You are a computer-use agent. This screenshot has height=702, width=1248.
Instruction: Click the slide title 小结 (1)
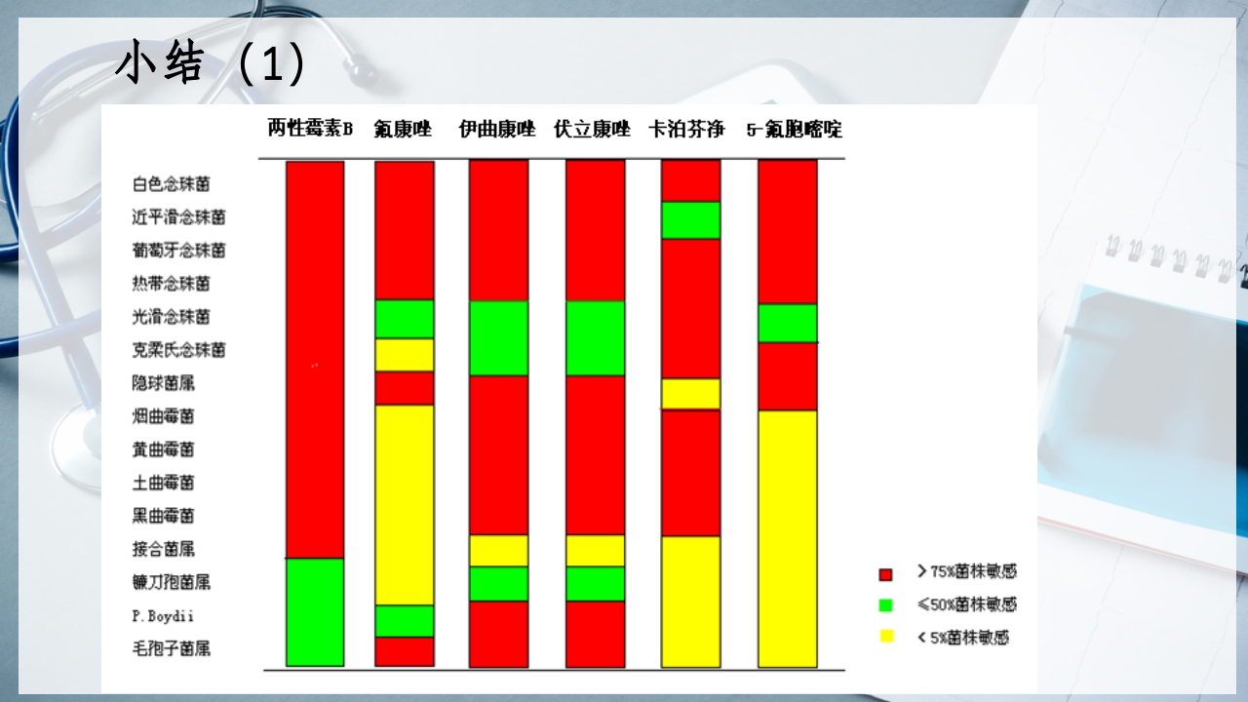(211, 64)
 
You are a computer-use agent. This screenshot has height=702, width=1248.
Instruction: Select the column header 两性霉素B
(310, 129)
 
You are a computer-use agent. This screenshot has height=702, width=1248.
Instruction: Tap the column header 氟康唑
(402, 129)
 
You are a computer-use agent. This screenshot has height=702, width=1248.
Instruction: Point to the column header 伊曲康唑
(497, 129)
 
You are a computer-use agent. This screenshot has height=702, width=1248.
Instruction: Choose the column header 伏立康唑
(592, 129)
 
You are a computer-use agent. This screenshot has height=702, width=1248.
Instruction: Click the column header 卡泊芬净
(686, 129)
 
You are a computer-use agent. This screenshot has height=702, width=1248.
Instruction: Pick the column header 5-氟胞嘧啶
(794, 129)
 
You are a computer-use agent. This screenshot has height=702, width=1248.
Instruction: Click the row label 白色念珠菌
(171, 184)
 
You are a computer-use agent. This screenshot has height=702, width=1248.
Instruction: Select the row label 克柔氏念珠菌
(178, 350)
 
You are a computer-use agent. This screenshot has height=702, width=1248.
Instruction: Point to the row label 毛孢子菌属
(171, 648)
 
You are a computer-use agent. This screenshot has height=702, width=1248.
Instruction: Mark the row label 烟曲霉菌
(163, 416)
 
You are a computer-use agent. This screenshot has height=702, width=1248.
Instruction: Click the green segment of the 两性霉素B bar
(315, 611)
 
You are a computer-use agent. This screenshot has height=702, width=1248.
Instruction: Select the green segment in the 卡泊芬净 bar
(690, 219)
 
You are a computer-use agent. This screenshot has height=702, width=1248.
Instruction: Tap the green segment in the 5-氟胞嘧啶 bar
(788, 323)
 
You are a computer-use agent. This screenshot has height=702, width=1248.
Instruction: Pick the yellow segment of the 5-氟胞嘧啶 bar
(788, 538)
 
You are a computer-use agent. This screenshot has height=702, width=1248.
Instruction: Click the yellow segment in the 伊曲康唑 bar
(498, 550)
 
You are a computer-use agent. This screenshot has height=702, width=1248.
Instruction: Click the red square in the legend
(886, 574)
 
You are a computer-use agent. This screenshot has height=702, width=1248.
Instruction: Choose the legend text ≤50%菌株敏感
(966, 604)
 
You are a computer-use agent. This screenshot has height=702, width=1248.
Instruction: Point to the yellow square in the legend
(886, 637)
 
